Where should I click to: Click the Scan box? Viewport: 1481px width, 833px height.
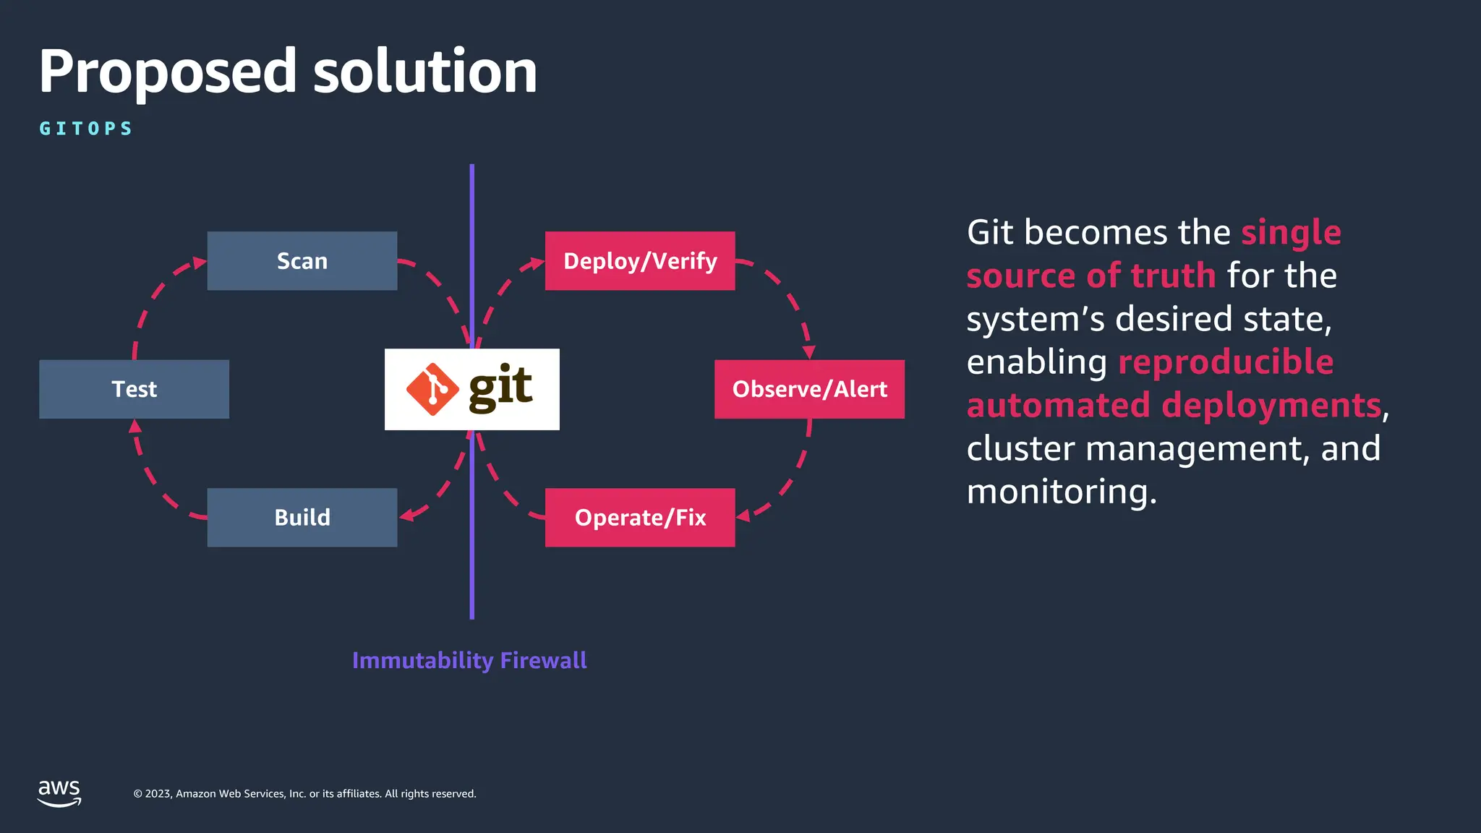pos(302,261)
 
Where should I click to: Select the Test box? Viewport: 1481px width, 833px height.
pos(134,389)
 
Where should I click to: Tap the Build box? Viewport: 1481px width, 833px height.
pos(302,518)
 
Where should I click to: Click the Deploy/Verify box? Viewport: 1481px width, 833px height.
pos(639,261)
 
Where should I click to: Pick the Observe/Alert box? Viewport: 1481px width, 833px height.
pos(809,389)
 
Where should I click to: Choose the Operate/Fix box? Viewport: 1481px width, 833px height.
pos(639,518)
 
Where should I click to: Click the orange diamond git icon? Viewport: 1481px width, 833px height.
pos(432,389)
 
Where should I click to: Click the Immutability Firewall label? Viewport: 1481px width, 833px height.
pos(469,660)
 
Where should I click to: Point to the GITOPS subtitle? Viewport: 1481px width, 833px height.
pos(86,129)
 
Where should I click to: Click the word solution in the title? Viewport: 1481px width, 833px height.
pos(424,72)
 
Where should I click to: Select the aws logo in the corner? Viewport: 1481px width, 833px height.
pos(59,793)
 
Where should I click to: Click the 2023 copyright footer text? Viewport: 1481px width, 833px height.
pos(304,794)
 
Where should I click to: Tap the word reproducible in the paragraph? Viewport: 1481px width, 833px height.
pos(1226,362)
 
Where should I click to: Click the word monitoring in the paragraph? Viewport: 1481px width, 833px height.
pos(1061,492)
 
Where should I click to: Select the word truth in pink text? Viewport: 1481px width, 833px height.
pos(1173,276)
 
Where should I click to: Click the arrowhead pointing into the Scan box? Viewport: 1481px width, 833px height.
pos(200,262)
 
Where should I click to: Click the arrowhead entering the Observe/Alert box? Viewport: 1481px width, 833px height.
pos(808,352)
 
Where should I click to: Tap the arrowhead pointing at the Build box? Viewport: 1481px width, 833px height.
pos(406,515)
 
